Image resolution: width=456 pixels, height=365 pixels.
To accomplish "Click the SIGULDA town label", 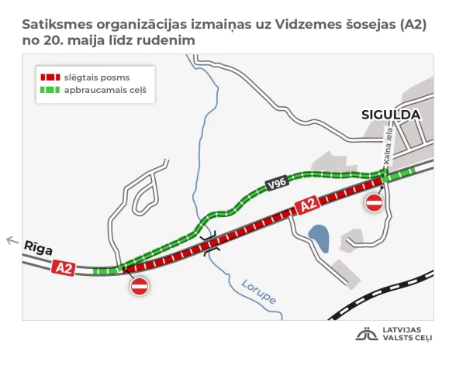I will pyautogui.click(x=391, y=115).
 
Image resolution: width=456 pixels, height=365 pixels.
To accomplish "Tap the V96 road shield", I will pyautogui.click(x=274, y=184).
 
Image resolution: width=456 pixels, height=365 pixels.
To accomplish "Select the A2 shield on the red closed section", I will pyautogui.click(x=308, y=205).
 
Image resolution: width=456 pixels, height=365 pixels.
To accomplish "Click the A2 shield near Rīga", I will pyautogui.click(x=64, y=268).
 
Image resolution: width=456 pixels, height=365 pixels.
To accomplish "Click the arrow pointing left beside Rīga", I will pyautogui.click(x=12, y=241).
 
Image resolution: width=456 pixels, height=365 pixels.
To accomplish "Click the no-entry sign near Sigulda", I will pyautogui.click(x=374, y=203).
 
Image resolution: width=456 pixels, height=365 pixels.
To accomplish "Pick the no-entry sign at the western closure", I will pyautogui.click(x=140, y=287).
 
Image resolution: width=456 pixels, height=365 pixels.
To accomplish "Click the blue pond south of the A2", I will pyautogui.click(x=318, y=237).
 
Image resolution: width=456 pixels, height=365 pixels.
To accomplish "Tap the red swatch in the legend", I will pyautogui.click(x=50, y=77).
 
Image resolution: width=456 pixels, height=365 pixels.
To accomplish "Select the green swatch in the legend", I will pyautogui.click(x=50, y=91).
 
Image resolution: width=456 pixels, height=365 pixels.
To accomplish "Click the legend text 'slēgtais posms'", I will pyautogui.click(x=96, y=77).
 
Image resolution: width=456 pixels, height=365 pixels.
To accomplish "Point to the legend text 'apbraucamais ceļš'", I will pyautogui.click(x=105, y=91).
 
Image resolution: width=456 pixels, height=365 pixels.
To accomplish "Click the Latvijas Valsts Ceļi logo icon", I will pyautogui.click(x=366, y=335).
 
